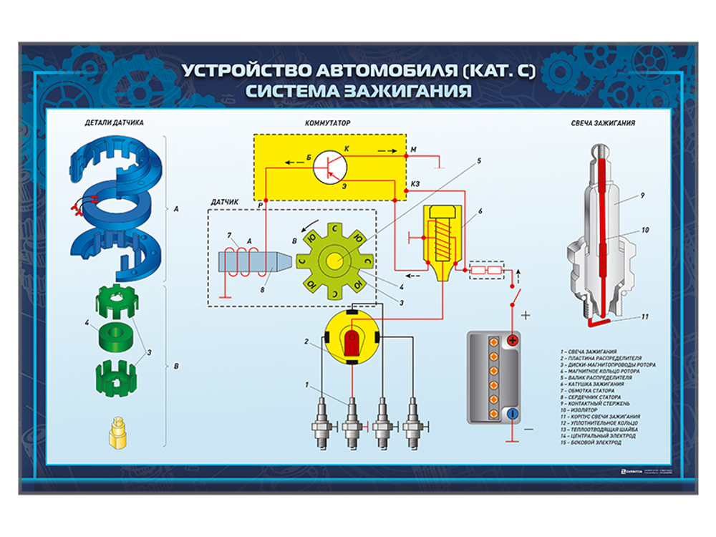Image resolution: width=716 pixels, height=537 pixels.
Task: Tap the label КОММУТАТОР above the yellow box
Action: pyautogui.click(x=327, y=122)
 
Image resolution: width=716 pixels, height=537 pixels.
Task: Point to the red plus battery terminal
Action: pyautogui.click(x=513, y=341)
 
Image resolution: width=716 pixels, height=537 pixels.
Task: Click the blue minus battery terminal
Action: pyautogui.click(x=513, y=414)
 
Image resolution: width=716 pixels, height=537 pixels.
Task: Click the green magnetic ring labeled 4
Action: pyautogui.click(x=115, y=335)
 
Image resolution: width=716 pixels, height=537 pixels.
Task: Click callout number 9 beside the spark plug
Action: pyautogui.click(x=643, y=195)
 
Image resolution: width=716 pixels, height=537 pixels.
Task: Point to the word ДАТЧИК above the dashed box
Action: pyautogui.click(x=224, y=203)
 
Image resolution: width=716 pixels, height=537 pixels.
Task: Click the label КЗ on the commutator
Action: pyautogui.click(x=416, y=184)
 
